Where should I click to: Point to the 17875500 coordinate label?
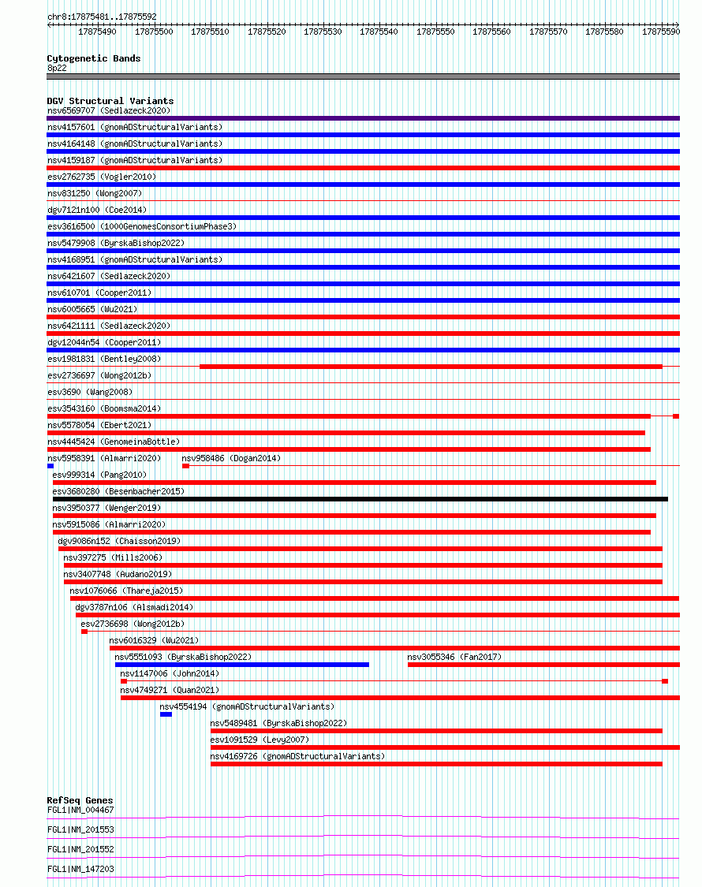[x=154, y=32]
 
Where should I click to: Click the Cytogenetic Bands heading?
[x=93, y=58]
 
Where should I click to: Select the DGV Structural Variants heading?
[x=110, y=101]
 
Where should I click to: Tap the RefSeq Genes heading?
[x=80, y=800]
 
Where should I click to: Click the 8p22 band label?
[x=57, y=68]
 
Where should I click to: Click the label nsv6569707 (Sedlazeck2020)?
[x=108, y=110]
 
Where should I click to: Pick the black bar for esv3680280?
[x=360, y=499]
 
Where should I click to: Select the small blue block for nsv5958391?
[x=50, y=466]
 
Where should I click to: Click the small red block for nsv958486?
[x=185, y=466]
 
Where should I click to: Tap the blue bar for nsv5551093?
[x=241, y=665]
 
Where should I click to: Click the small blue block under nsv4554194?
[x=166, y=714]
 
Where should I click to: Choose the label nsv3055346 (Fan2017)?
[x=454, y=657]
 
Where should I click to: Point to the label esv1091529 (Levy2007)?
[x=260, y=740]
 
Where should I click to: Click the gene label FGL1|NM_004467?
[x=80, y=810]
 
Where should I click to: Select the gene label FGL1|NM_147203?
[x=80, y=869]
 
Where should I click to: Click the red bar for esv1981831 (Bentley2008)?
[x=431, y=367]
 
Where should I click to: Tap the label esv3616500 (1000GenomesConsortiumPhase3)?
[x=141, y=226]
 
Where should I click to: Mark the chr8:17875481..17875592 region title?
[x=102, y=17]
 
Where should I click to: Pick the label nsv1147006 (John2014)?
[x=170, y=673]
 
